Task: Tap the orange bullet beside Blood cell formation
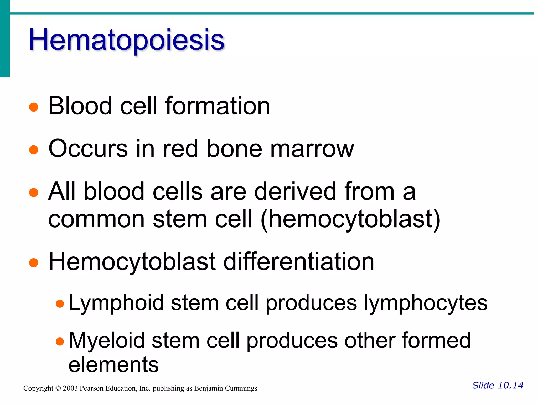click(x=34, y=107)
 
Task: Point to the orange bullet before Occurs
click(x=34, y=150)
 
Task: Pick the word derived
click(x=295, y=191)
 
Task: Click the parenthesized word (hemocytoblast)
click(x=350, y=219)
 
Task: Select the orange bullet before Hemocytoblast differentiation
click(x=34, y=262)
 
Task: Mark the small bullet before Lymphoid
click(x=60, y=304)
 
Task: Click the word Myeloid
click(x=107, y=340)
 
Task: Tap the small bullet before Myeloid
click(x=60, y=341)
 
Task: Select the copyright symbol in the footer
click(x=58, y=388)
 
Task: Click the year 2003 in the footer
click(x=70, y=388)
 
